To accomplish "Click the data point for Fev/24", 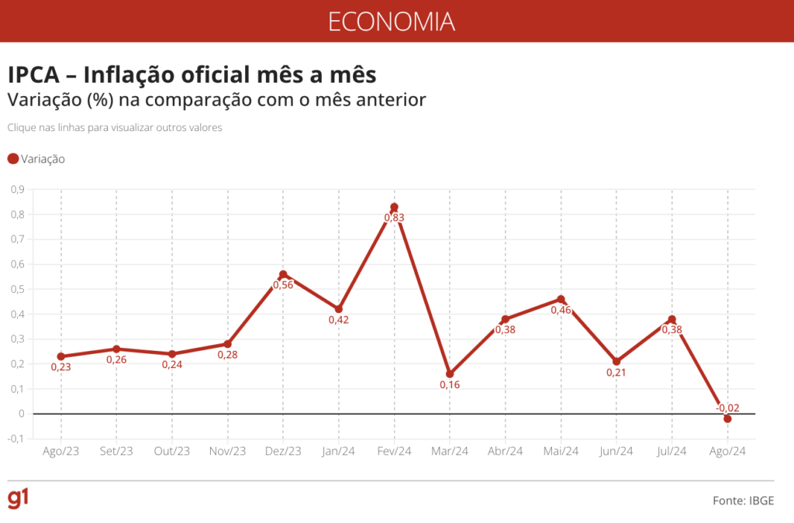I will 394,207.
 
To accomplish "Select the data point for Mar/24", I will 450,373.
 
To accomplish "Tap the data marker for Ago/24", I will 727,418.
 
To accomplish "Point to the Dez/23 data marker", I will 283,274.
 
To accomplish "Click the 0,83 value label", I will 394,218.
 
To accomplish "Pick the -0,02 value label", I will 728,408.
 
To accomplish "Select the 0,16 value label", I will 450,385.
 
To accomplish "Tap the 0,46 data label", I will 561,310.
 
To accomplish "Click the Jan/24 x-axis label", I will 339,452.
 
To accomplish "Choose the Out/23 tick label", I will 172,452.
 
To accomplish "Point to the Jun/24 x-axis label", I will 616,452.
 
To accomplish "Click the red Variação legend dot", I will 12,159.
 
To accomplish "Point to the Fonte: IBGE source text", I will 743,501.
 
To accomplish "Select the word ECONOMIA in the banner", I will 391,21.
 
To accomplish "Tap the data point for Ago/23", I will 61,356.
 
